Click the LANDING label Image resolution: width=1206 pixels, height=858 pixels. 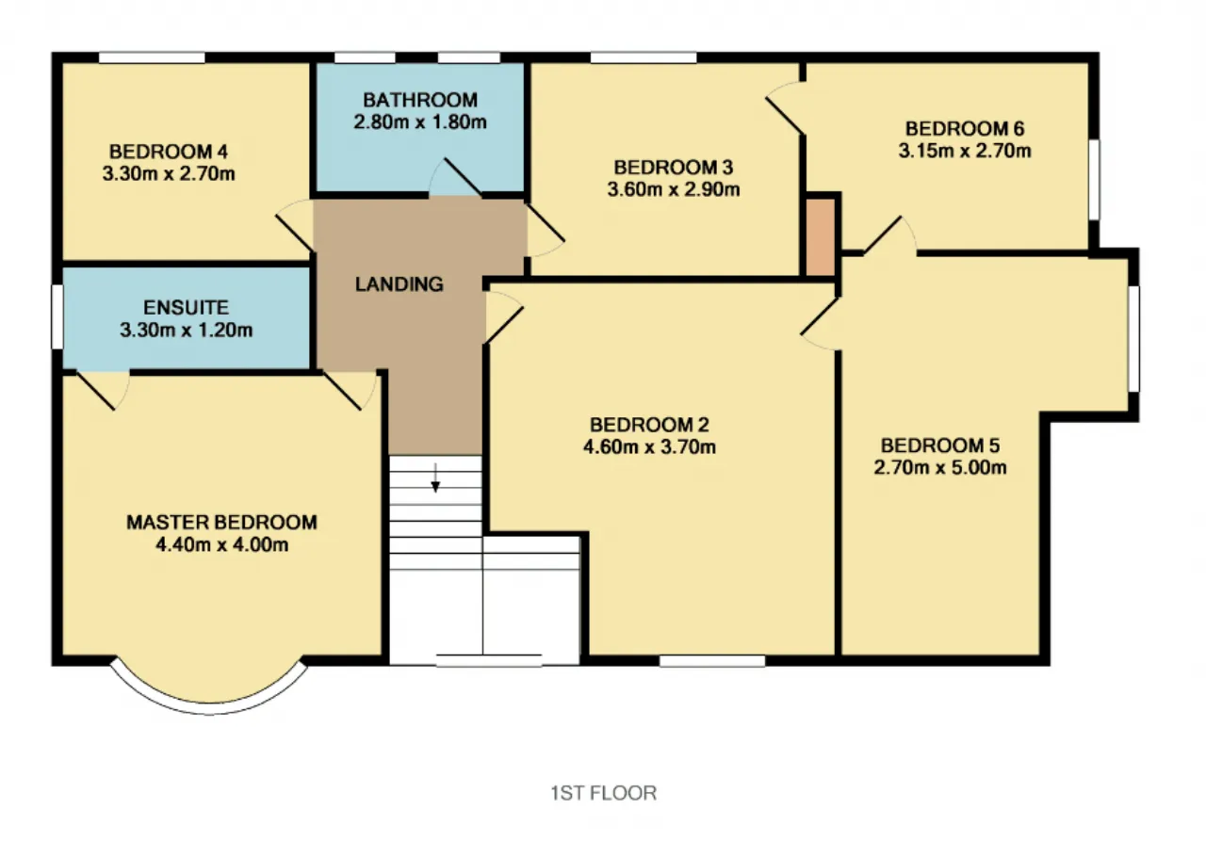click(x=399, y=283)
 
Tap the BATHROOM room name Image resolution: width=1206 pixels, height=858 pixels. click(x=420, y=100)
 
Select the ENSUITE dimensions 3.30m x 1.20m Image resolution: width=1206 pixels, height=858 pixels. click(x=187, y=330)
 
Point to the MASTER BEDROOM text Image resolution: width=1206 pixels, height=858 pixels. click(x=221, y=522)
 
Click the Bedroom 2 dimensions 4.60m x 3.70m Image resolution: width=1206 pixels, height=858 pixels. click(x=649, y=446)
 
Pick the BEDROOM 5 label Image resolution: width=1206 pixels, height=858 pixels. click(x=940, y=445)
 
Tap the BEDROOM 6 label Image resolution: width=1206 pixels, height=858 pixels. click(x=964, y=129)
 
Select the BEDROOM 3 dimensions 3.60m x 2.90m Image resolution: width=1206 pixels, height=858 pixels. click(x=674, y=189)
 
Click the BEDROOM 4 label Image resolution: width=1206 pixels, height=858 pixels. click(x=169, y=152)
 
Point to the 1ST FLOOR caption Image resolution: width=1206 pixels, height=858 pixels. click(x=604, y=793)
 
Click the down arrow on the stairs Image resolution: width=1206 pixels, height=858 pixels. click(x=435, y=478)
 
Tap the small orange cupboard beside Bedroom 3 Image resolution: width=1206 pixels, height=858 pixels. click(x=820, y=236)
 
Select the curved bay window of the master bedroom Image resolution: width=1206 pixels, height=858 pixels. click(x=209, y=706)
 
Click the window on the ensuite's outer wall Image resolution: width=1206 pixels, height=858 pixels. click(x=57, y=316)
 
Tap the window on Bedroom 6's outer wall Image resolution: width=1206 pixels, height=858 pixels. click(x=1094, y=180)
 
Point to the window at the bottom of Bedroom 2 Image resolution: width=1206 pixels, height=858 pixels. click(x=711, y=661)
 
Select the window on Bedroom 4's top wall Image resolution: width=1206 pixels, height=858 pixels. click(x=152, y=57)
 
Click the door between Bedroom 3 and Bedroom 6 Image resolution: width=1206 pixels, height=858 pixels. click(x=785, y=107)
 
